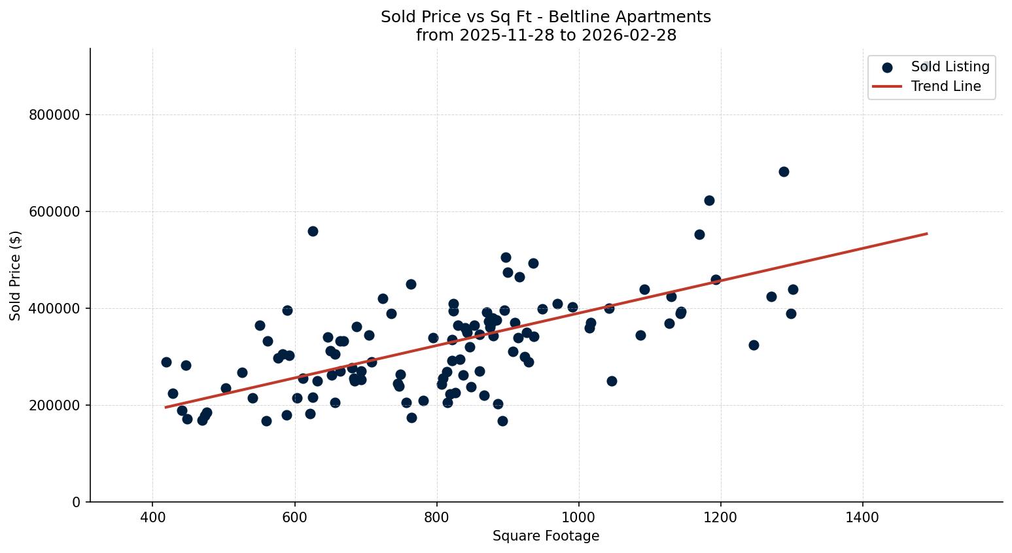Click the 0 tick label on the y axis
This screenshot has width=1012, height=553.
coord(77,503)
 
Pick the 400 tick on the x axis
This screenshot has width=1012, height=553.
coord(152,517)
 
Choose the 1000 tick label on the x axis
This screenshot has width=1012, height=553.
coord(578,517)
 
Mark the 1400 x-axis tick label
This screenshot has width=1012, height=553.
coord(862,517)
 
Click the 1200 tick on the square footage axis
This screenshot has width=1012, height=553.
coord(720,517)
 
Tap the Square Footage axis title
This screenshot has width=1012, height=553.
coord(546,537)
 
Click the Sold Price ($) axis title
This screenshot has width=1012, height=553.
coord(16,276)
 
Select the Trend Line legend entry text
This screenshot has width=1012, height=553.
coord(945,86)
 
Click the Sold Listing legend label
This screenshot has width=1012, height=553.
coord(950,67)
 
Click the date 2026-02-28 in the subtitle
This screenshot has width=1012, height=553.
coord(633,35)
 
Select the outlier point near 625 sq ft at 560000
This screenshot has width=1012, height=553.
coord(313,231)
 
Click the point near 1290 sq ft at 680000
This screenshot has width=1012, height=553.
coord(784,171)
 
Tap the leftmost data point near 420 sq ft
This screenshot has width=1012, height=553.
coord(166,362)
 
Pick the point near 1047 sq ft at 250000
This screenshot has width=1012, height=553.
coord(612,381)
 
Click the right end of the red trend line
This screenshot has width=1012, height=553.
coord(927,234)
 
